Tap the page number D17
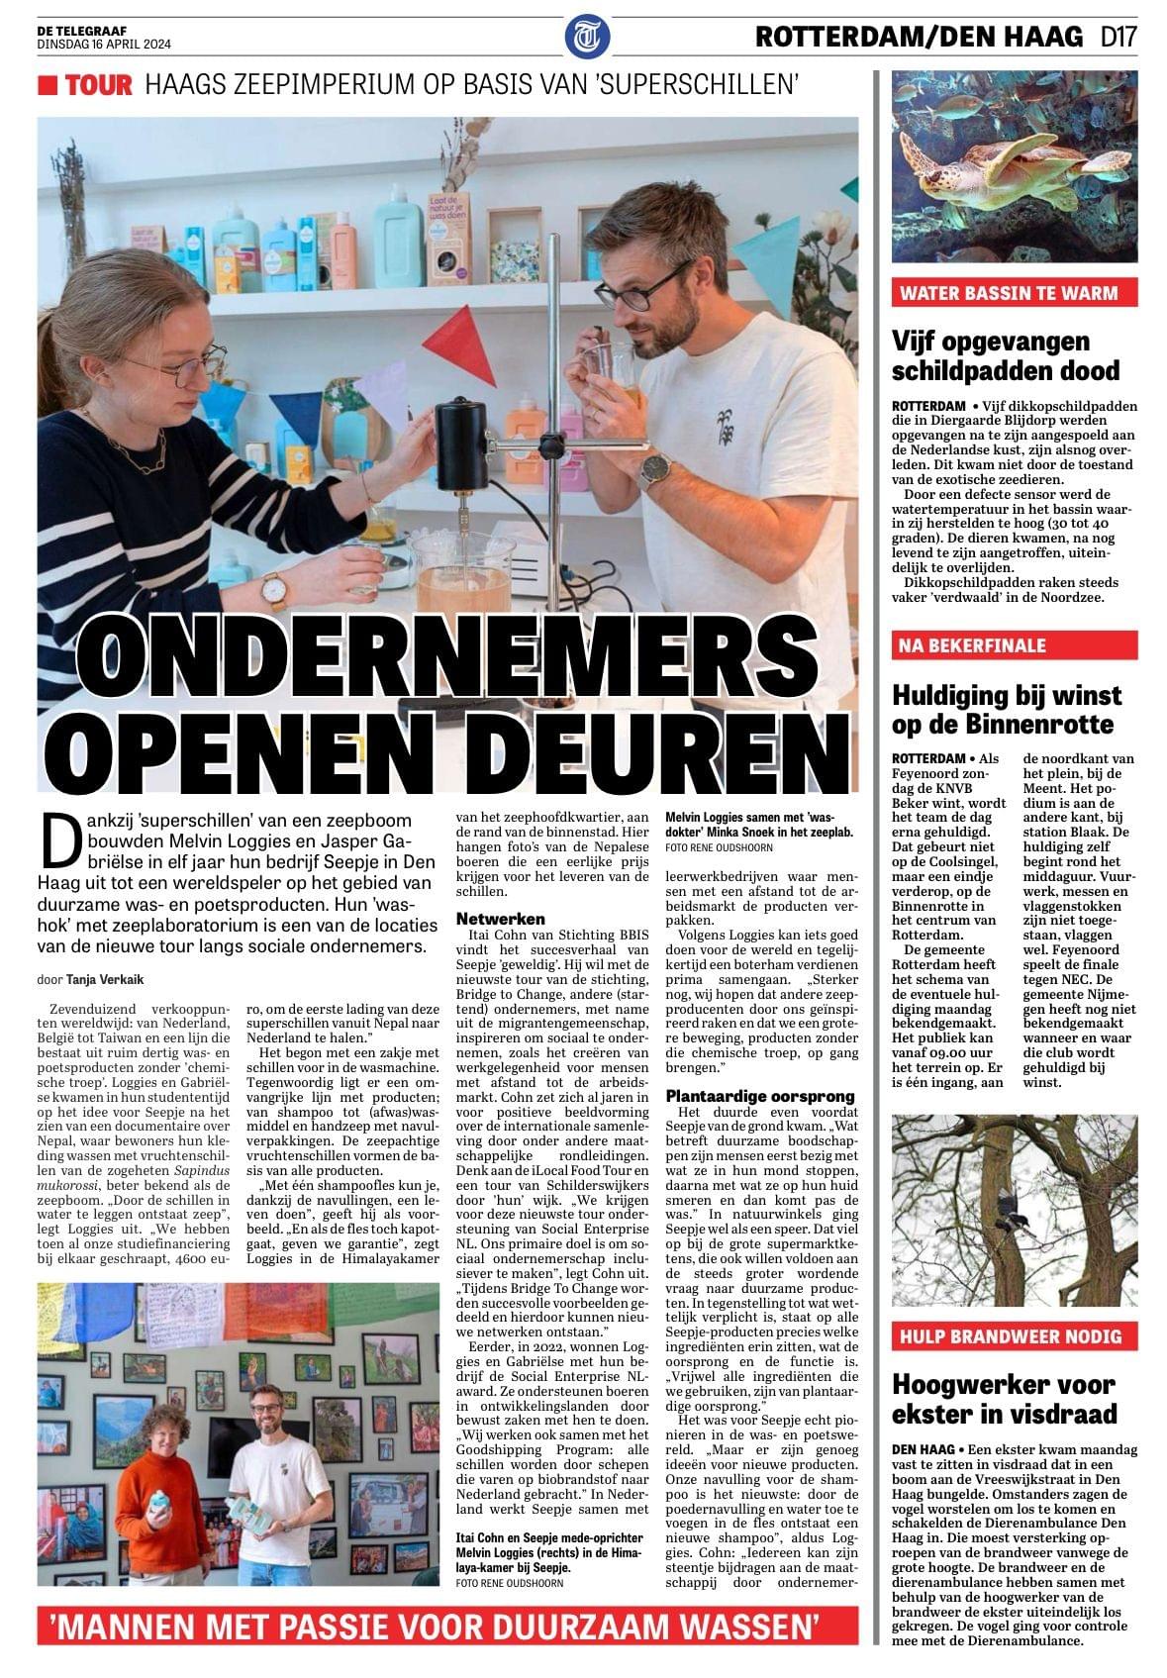click(x=1118, y=38)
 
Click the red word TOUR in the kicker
click(x=98, y=86)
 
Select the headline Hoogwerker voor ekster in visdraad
click(x=1004, y=1398)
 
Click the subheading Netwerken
click(x=501, y=920)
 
